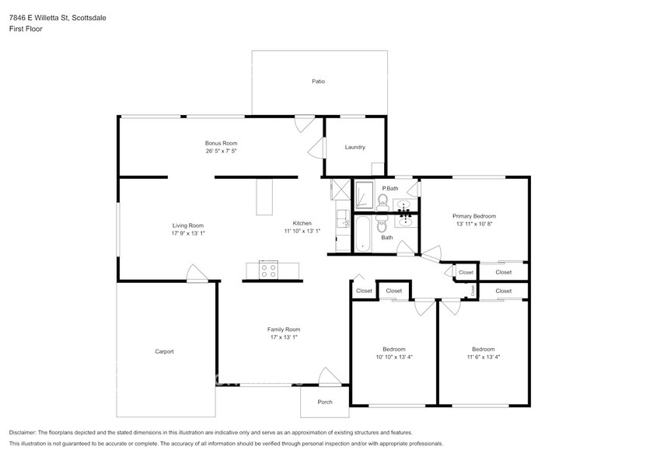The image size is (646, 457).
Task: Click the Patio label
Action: [x=318, y=82]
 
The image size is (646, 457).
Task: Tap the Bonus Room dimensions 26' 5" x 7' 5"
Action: [x=222, y=151]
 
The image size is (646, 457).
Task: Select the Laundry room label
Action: [x=354, y=147]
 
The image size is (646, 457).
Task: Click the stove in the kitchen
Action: [x=268, y=270]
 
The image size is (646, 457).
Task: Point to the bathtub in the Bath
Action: [x=362, y=234]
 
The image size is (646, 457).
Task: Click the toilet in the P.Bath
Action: [x=382, y=202]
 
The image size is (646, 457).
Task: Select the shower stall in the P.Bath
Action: [x=364, y=194]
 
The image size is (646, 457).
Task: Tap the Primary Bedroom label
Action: [x=474, y=216]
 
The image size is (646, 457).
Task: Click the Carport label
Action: [x=164, y=351]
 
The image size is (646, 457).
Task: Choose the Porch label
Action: [x=325, y=402]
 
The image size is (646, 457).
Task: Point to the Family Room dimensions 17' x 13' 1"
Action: [x=284, y=337]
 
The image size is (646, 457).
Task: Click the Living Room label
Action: [x=188, y=225]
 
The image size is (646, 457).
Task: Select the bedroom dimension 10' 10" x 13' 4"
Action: [x=394, y=357]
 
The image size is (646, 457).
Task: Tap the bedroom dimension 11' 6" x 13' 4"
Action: [x=484, y=357]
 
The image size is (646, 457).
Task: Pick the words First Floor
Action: [x=26, y=29]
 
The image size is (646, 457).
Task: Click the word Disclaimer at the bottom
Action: [x=23, y=433]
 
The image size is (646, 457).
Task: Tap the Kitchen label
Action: [x=302, y=223]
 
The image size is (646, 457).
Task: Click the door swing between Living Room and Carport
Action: [x=197, y=273]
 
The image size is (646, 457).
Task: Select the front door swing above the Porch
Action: [x=330, y=376]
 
